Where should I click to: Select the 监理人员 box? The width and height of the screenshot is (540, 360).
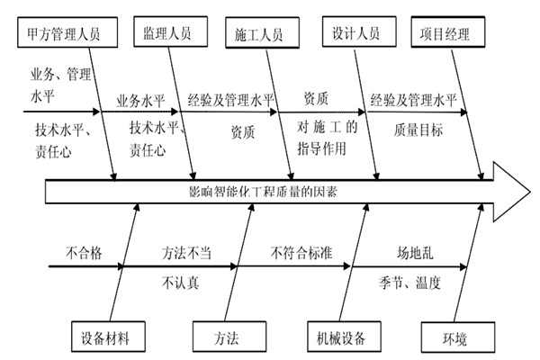tap(166, 34)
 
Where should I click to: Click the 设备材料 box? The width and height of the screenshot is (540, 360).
tap(105, 338)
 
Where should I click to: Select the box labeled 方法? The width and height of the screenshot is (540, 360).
tap(226, 338)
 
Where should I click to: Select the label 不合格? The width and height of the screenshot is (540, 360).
tap(84, 253)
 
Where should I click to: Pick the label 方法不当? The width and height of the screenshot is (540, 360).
tap(186, 253)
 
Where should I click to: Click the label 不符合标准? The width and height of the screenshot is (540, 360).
tap(301, 253)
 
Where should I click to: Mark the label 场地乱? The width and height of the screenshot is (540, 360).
tap(417, 253)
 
